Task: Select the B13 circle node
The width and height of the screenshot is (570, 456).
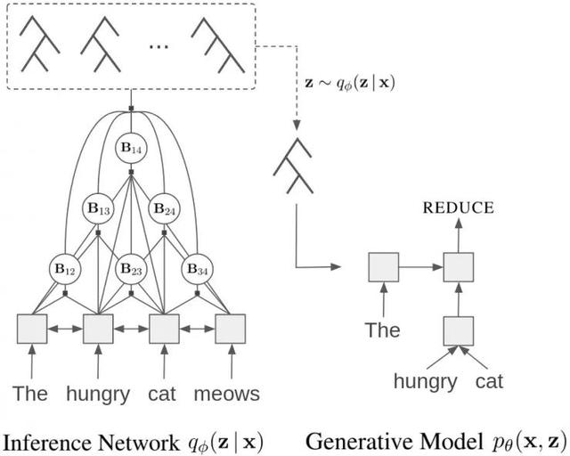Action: tap(99, 210)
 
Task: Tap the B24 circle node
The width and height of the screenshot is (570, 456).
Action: tap(163, 210)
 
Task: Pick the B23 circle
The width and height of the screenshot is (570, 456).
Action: tap(131, 268)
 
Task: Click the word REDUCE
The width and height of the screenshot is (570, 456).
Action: tap(458, 208)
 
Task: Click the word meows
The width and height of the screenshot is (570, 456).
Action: tap(228, 394)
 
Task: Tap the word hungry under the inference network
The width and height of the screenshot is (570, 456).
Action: tap(98, 394)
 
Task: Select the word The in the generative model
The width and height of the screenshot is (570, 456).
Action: tap(383, 330)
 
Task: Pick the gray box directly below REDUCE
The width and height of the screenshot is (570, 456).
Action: tap(458, 265)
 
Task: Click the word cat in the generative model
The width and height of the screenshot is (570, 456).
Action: tap(489, 381)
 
